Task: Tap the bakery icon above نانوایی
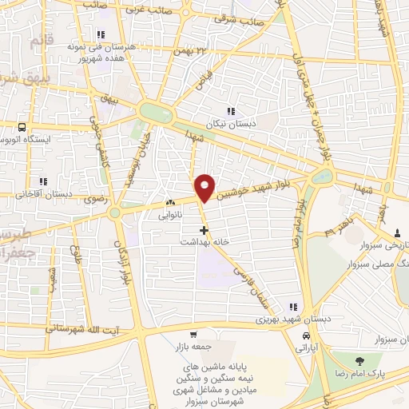pyautogui.click(x=169, y=203)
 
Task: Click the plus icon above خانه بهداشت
pyautogui.click(x=204, y=230)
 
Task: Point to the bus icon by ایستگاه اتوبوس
pyautogui.click(x=22, y=126)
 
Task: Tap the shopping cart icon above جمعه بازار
pyautogui.click(x=193, y=335)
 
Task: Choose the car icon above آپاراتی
pyautogui.click(x=307, y=335)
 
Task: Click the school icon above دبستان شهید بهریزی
pyautogui.click(x=294, y=306)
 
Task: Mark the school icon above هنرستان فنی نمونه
pyautogui.click(x=101, y=34)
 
